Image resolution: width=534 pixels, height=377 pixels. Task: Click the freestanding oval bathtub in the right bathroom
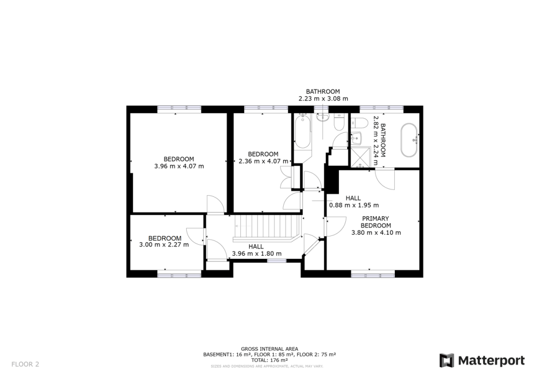pos(408,140)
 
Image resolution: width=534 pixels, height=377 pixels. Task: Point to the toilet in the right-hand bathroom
pos(359,123)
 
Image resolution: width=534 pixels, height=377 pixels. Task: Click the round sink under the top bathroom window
pos(322,117)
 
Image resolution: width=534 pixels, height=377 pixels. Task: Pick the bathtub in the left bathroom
pos(302,132)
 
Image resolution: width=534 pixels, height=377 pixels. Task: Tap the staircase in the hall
pos(266,227)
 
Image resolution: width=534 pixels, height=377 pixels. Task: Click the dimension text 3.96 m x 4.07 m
pos(179,167)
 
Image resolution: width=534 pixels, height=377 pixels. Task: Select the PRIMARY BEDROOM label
pos(376,222)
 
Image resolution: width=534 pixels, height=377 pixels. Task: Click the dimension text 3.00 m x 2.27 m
pos(164,244)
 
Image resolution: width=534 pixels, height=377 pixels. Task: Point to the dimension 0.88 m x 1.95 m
pos(354,205)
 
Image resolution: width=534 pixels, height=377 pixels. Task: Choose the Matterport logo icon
pos(447,360)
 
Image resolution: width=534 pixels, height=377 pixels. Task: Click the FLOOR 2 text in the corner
pos(25,364)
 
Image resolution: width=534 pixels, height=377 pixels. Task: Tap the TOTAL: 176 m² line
pos(269,360)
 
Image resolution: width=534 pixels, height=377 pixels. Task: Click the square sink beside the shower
pos(356,139)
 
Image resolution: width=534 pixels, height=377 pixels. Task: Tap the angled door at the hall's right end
pos(311,245)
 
